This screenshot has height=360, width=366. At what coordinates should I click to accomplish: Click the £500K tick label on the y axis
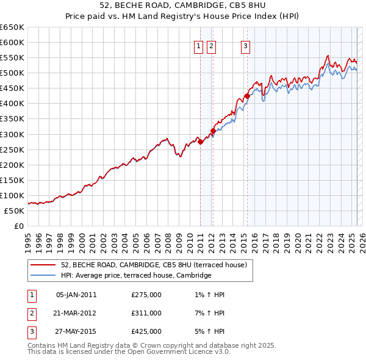coord(12,73)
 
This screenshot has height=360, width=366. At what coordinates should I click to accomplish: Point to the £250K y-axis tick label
coord(12,149)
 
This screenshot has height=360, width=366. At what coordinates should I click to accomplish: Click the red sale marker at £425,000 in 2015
coord(247,96)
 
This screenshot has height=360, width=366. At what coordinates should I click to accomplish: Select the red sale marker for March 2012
coord(213,131)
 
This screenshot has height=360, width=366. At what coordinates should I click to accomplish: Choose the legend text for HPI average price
coord(135,275)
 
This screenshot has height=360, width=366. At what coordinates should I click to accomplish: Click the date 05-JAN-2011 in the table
coord(76,295)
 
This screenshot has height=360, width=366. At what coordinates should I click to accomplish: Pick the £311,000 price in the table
coord(146,313)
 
